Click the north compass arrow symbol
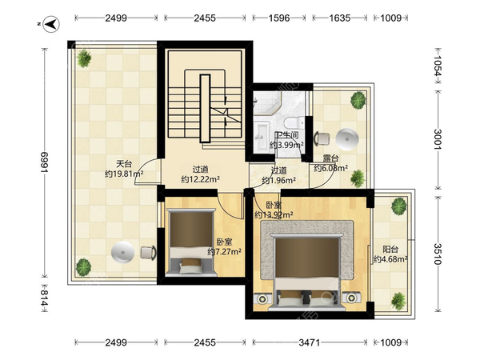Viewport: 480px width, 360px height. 51,24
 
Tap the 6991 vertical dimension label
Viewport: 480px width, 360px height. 44,162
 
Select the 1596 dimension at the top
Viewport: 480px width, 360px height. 279,18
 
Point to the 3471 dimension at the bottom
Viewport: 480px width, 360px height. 309,342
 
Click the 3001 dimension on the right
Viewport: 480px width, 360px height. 438,139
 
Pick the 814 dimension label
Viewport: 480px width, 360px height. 44,298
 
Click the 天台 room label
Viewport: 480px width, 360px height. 124,164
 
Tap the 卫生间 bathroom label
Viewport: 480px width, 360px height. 286,135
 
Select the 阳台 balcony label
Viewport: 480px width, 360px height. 390,250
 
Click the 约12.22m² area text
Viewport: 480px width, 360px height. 200,179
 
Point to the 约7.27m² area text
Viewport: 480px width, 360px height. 224,252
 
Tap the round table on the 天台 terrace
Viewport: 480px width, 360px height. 122,252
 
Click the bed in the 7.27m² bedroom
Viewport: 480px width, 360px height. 192,242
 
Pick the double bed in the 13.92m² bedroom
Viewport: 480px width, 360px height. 306,271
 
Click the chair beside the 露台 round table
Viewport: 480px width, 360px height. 322,138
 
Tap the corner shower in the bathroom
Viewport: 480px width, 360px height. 266,102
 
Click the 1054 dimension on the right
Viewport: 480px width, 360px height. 438,66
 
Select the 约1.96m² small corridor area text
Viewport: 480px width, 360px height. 279,180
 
